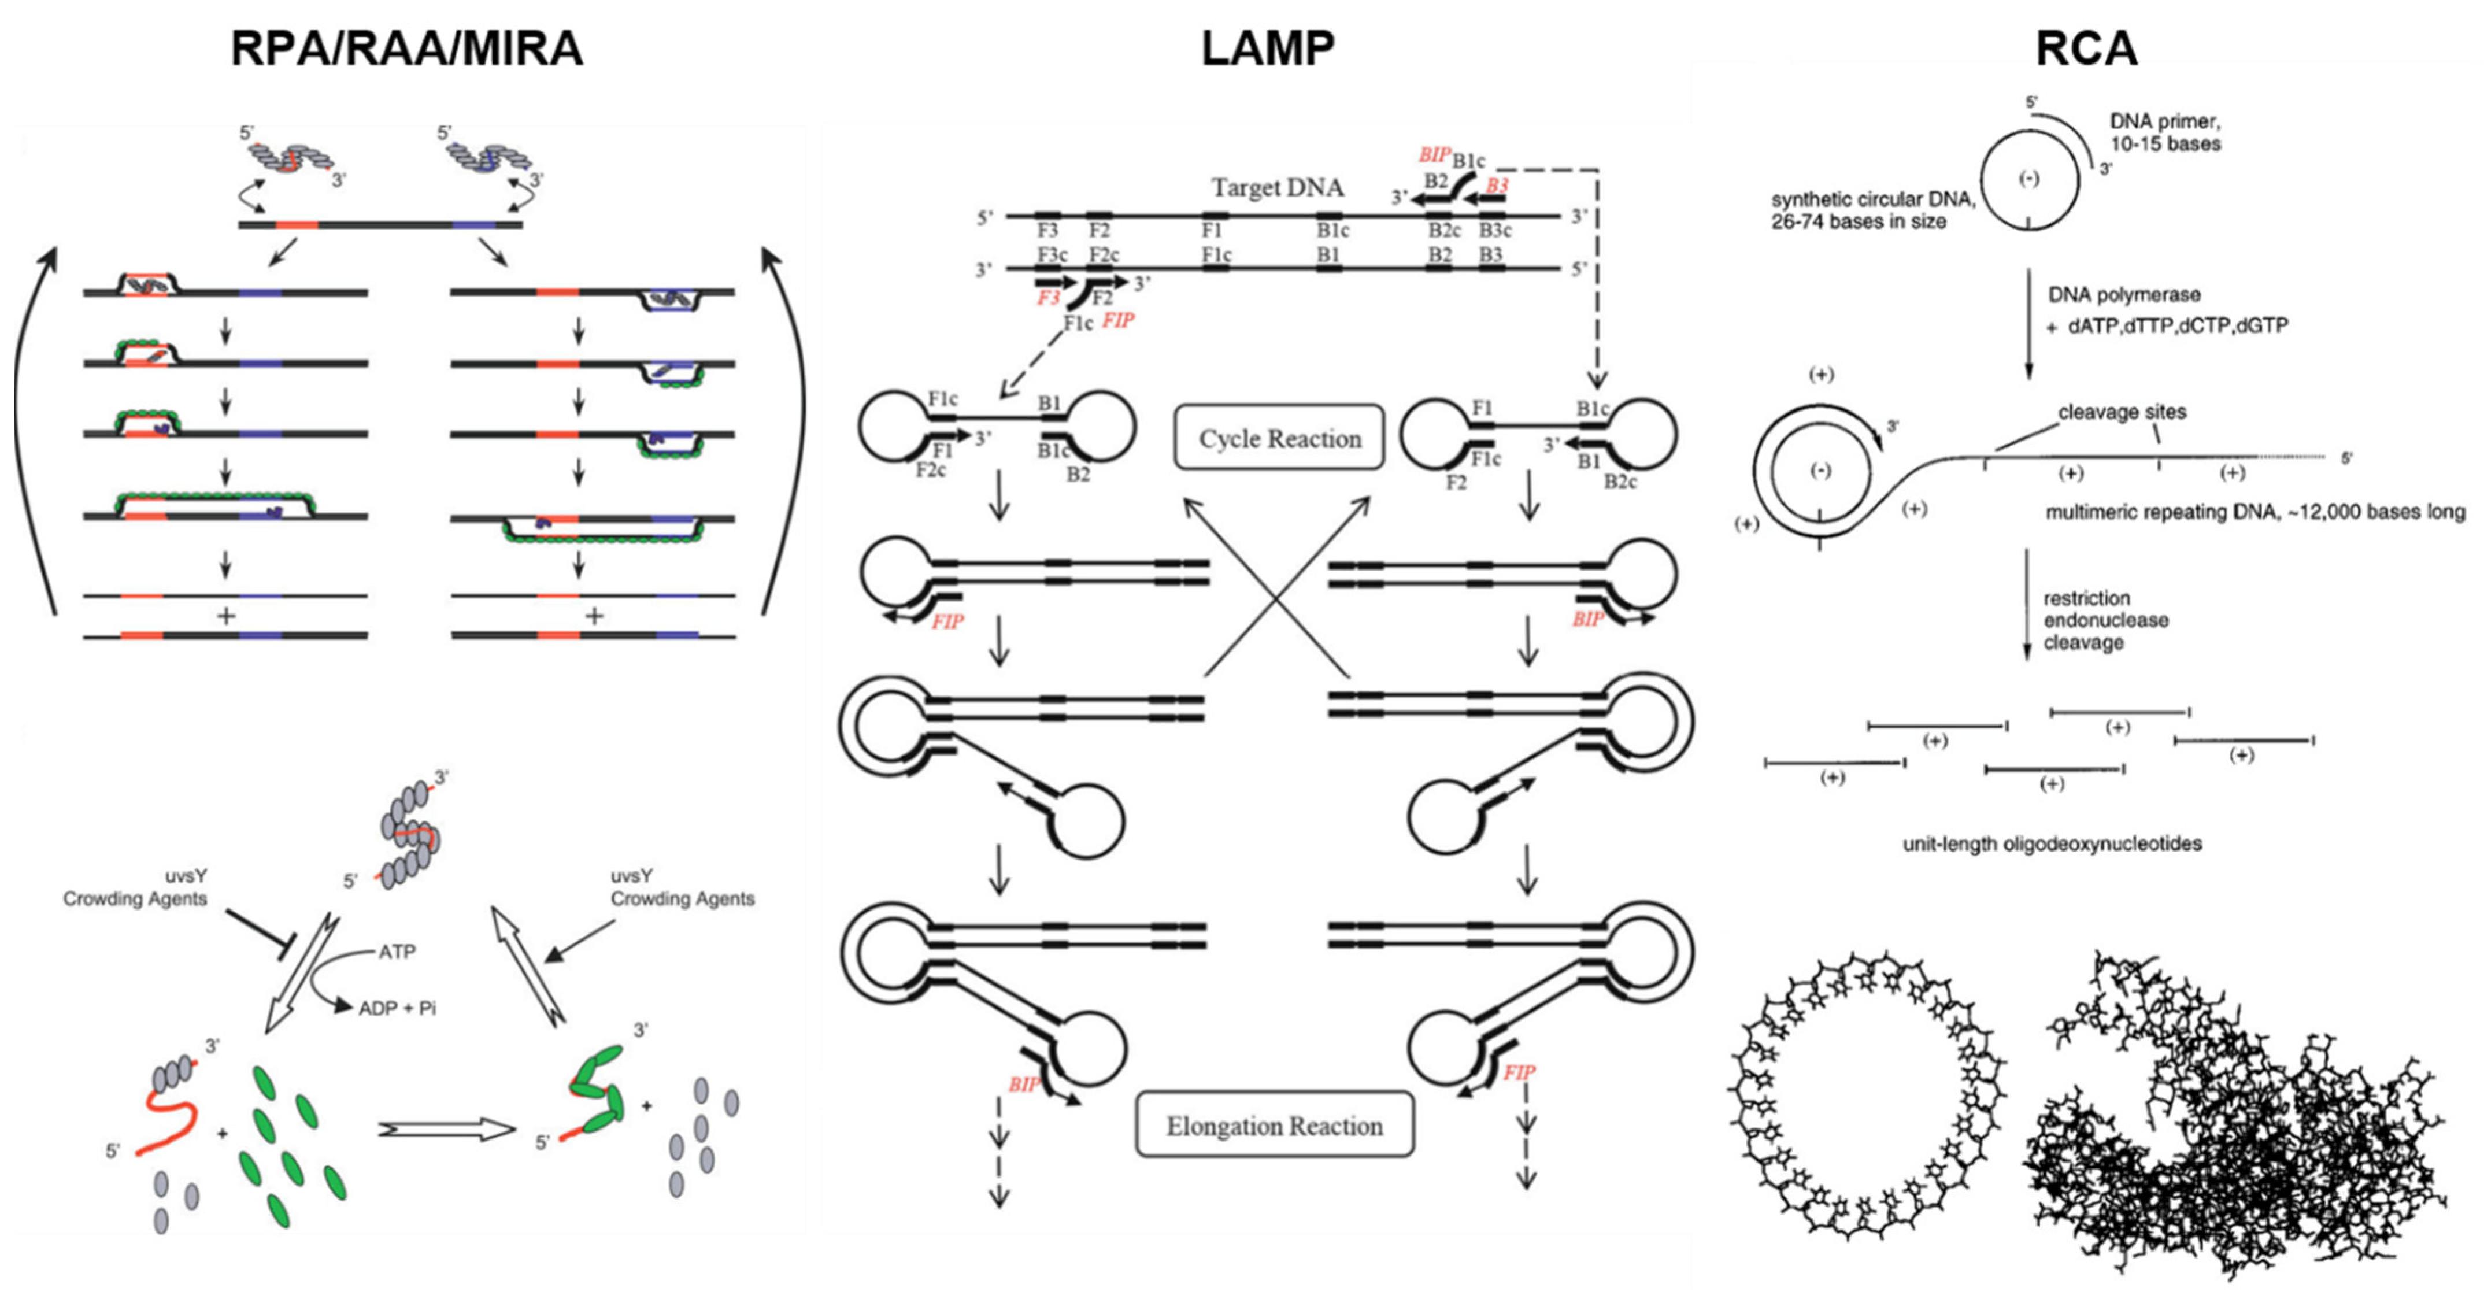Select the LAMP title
tap(1267, 48)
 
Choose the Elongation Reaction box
tap(1274, 1126)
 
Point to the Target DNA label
tap(1277, 187)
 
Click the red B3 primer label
tap(1497, 185)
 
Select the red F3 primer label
tap(1048, 298)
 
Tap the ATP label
tap(397, 952)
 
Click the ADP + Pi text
tap(397, 1008)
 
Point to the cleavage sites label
tap(2122, 412)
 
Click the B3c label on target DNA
tap(1495, 231)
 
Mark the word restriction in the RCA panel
tap(2086, 598)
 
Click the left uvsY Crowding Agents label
tap(135, 888)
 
